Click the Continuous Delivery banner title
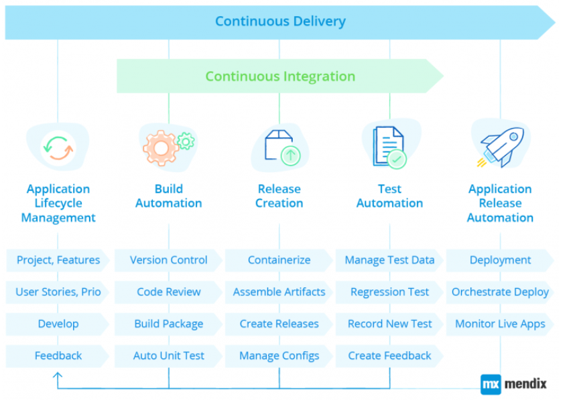click(280, 21)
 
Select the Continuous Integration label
click(280, 76)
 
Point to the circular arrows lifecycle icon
click(58, 147)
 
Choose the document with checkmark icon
click(389, 147)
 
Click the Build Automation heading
click(169, 196)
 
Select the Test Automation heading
click(389, 196)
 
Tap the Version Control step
click(169, 260)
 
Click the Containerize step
click(279, 260)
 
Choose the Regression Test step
click(389, 292)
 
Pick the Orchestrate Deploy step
click(500, 292)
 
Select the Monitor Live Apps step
click(500, 324)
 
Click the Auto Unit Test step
click(169, 356)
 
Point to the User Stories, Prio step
click(58, 292)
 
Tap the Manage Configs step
click(279, 356)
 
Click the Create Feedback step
click(389, 356)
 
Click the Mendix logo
click(513, 384)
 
